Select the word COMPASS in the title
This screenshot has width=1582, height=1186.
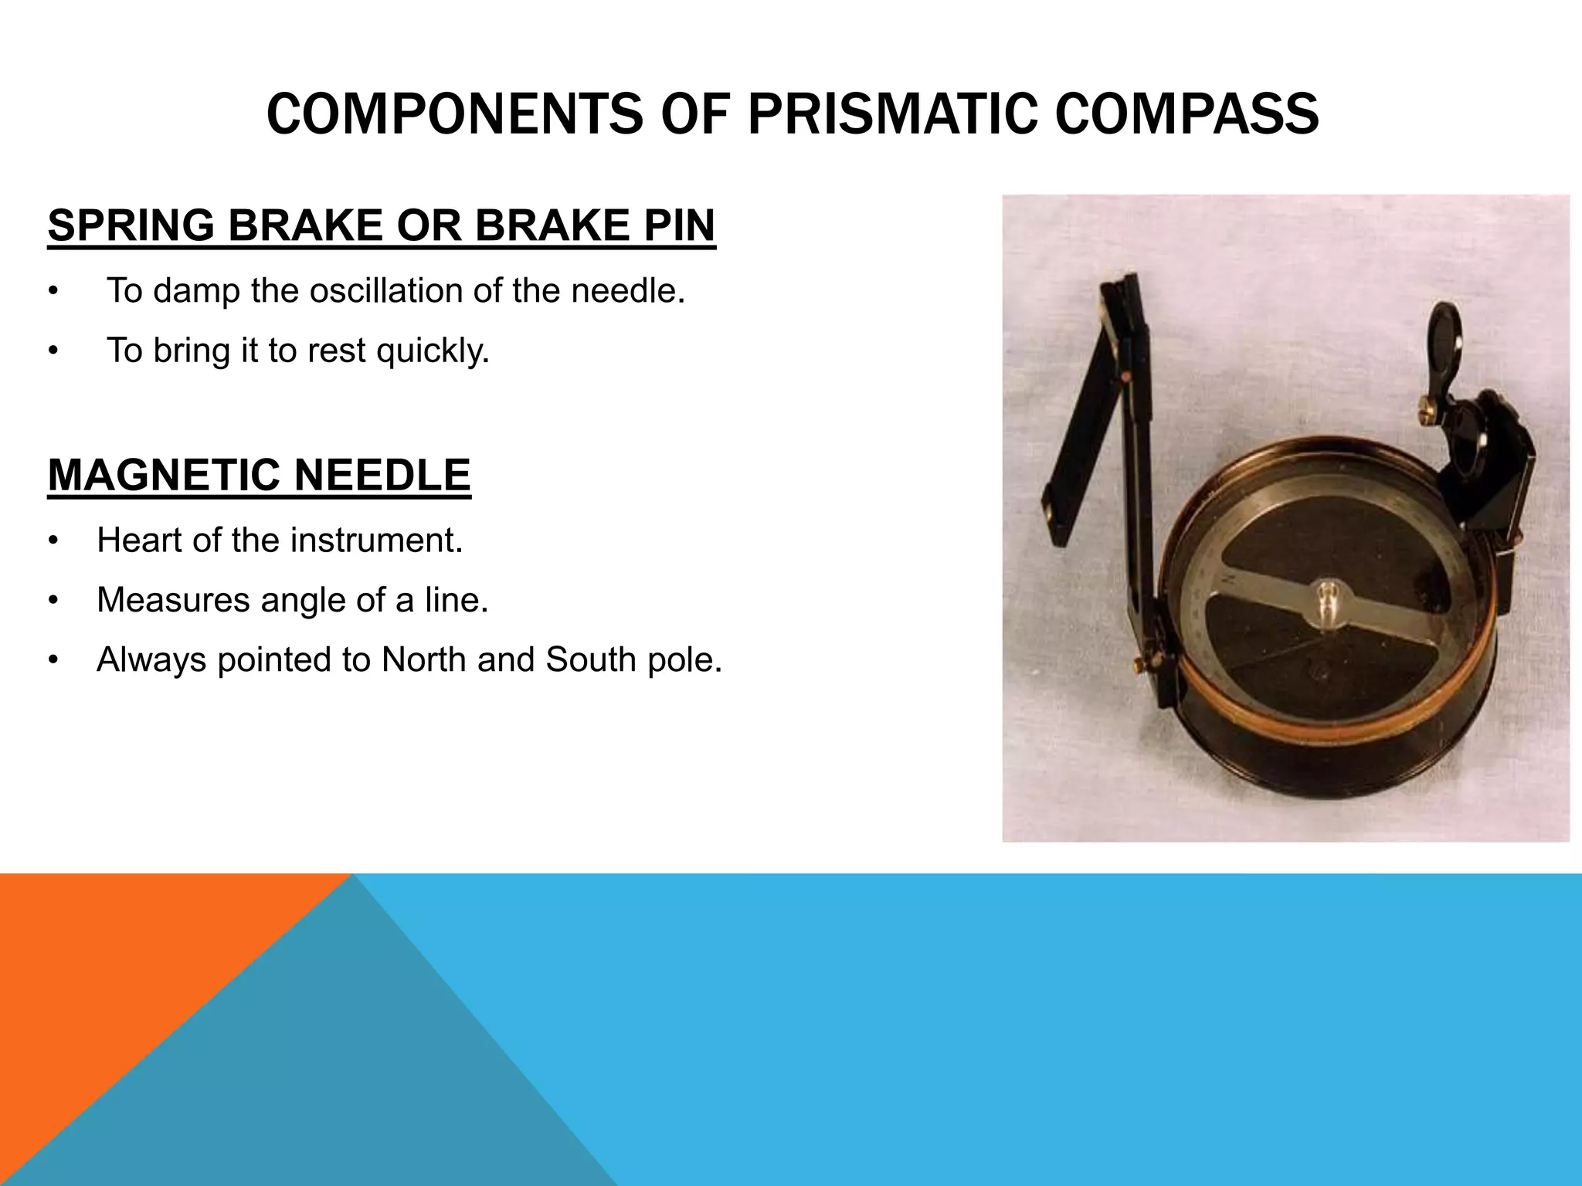[x=1186, y=114]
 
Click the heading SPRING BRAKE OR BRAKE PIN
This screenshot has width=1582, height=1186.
[x=382, y=225]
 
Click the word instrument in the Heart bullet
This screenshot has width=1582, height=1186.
[x=376, y=540]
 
